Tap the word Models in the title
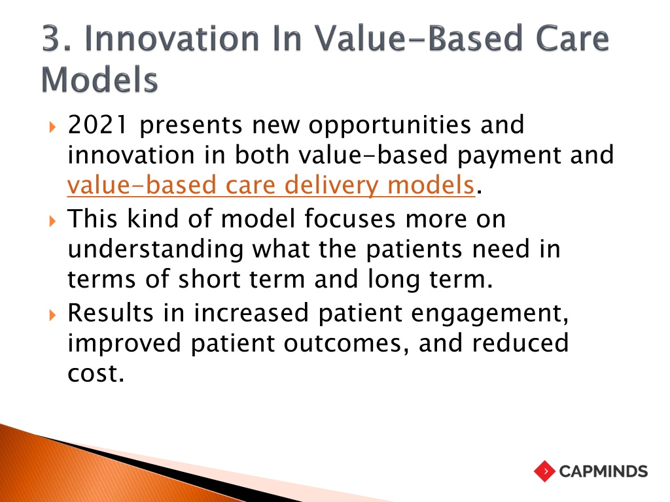99,79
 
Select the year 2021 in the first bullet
97,125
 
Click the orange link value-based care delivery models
272,185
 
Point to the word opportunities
390,125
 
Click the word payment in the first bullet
509,156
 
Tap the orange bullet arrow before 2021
52,127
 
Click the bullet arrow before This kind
52,221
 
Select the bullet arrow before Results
52,315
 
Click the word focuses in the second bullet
350,218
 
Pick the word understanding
156,250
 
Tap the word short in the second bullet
209,279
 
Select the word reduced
520,343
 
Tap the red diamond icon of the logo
545,471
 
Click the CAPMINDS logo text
603,471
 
